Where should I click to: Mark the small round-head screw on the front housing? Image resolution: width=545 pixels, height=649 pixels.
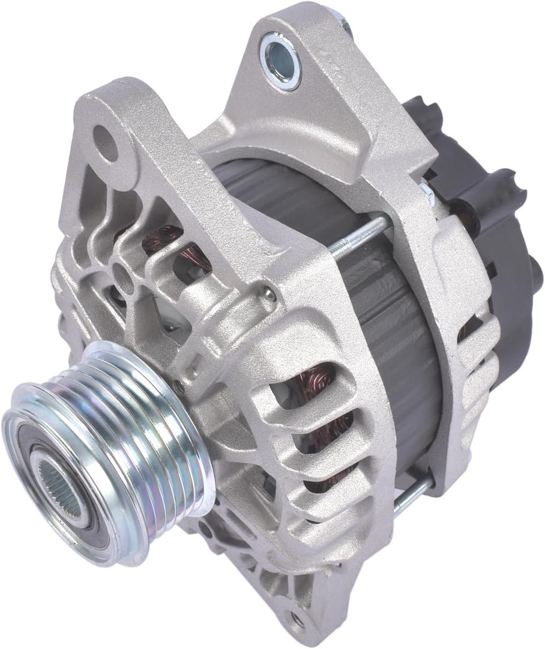[271, 295]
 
